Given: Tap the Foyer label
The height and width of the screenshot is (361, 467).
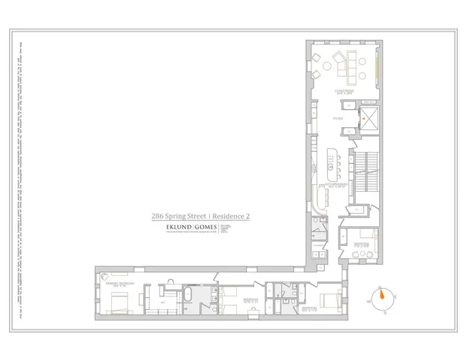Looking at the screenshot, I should pyautogui.click(x=338, y=118).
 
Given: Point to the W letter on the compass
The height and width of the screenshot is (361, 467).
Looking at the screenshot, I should pyautogui.click(x=370, y=301).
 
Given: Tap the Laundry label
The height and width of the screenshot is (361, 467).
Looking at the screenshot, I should pyautogui.click(x=319, y=246).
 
